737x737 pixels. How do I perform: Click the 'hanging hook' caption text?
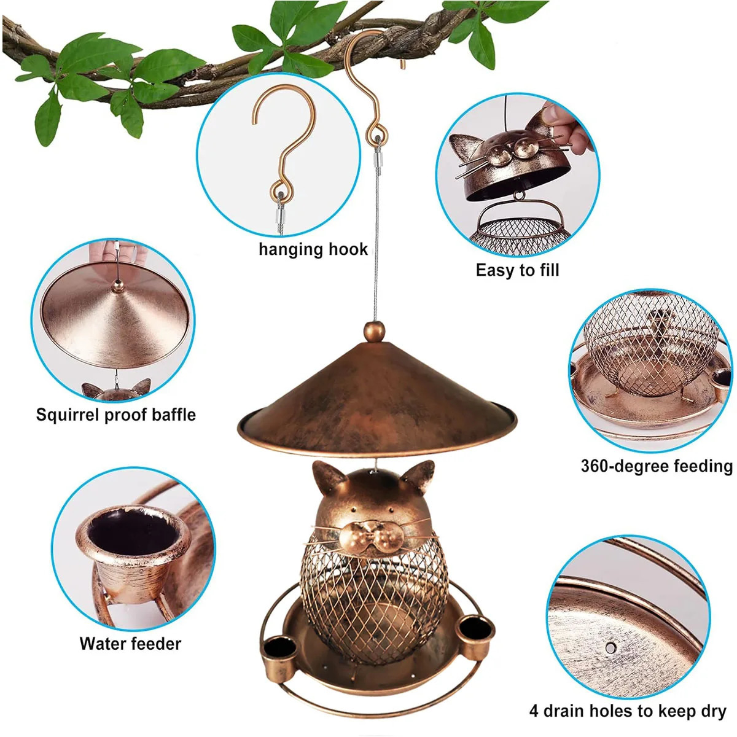(313, 249)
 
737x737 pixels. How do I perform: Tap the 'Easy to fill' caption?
(517, 270)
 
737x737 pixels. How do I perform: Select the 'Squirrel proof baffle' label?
(115, 415)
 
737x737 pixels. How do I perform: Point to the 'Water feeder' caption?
(130, 644)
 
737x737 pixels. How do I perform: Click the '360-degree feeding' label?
(657, 466)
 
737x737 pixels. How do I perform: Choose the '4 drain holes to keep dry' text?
(628, 711)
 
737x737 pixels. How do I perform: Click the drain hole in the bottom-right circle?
(610, 647)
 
